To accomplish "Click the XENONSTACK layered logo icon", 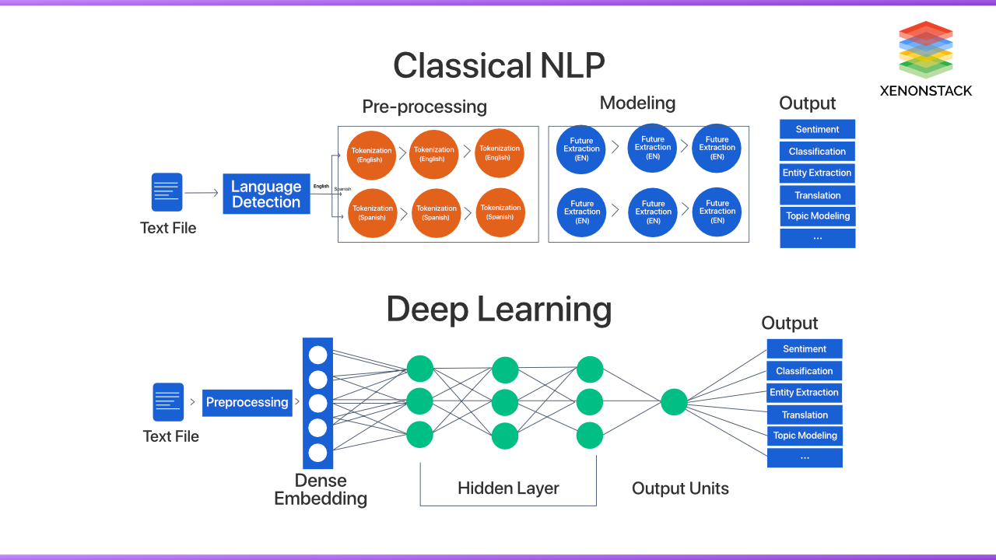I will point(925,49).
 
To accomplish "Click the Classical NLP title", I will point(499,65).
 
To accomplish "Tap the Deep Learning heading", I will point(499,309).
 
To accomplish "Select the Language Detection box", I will point(266,194).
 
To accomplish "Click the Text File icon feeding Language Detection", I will point(167,192).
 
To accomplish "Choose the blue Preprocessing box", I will point(247,403).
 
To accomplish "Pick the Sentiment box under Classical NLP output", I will point(817,129).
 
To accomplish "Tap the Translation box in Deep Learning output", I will point(805,415).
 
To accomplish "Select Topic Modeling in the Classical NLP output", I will point(817,216).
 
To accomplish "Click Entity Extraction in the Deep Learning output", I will point(805,393).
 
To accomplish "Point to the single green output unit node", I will point(674,402).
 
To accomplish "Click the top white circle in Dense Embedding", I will point(317,355).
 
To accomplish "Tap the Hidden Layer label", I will point(508,488).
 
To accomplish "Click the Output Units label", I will point(680,488).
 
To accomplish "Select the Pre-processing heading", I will point(424,107).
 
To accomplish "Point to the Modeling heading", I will point(637,103).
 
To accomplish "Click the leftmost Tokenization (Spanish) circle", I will point(372,212).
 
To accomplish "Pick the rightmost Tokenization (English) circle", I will point(500,153).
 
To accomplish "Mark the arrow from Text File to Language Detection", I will point(202,193).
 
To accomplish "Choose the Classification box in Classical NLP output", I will point(817,151).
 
